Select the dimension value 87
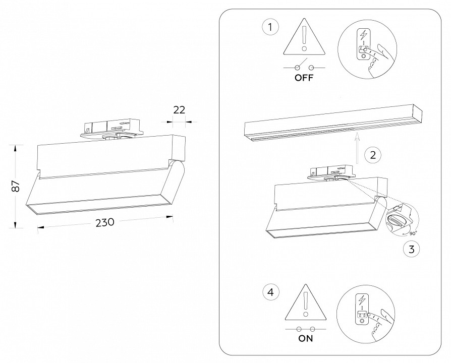[x=16, y=186]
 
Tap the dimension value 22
[x=179, y=110]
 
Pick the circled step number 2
[x=372, y=154]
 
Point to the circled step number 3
[x=411, y=248]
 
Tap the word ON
[x=305, y=338]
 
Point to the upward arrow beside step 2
[x=357, y=147]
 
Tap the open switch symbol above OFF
[x=304, y=67]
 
